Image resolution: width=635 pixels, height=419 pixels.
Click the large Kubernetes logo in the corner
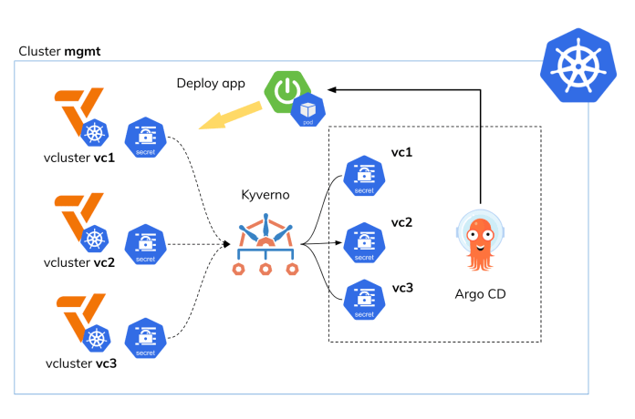[579, 64]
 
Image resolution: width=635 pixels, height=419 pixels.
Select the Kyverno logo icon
[265, 245]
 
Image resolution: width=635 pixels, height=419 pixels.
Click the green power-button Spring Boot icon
[286, 91]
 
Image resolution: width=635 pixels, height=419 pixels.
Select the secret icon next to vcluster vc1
[144, 138]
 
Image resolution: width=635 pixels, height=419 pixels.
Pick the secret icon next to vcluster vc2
[144, 245]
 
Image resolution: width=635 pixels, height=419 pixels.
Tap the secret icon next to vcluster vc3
[144, 338]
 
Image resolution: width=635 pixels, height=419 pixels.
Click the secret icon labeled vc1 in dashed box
[363, 176]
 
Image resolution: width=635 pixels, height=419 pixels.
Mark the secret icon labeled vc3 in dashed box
[363, 301]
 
